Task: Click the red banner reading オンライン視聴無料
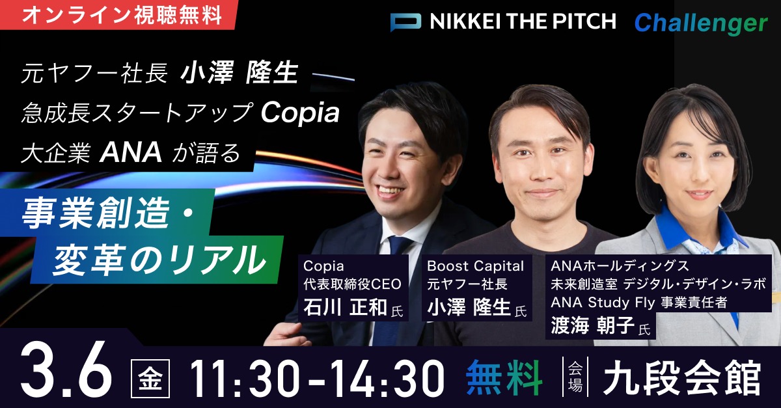118,15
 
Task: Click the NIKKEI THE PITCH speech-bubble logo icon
405,22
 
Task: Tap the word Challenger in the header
701,23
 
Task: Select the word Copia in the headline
300,113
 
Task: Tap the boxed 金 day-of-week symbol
150,378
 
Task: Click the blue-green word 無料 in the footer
504,377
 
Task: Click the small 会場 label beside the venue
575,377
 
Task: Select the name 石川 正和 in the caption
346,307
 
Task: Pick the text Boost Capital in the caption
476,266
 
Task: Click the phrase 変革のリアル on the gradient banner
159,260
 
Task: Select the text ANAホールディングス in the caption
620,266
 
